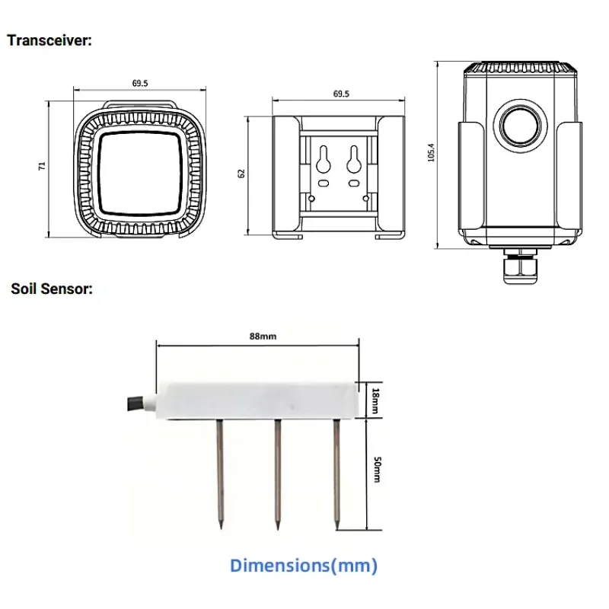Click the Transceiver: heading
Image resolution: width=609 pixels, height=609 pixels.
pos(49,40)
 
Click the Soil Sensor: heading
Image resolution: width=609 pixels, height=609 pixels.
pos(52,289)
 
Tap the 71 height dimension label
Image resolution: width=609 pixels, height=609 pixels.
pos(42,166)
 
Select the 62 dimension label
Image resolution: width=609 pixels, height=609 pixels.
pos(241,174)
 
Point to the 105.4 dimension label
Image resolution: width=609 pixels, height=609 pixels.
pos(431,153)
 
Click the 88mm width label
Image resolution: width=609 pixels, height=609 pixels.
pos(263,336)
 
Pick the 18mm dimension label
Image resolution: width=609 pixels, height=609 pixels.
pos(375,400)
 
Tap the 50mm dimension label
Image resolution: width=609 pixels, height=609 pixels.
pos(377,469)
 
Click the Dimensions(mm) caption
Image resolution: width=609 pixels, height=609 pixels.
pos(303,566)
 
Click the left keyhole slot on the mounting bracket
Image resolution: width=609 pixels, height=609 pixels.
pos(323,159)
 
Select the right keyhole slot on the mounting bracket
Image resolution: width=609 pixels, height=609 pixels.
pos(353,159)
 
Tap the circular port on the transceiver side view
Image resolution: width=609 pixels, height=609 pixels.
pos(521,126)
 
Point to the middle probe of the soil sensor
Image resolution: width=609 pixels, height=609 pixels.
pos(277,474)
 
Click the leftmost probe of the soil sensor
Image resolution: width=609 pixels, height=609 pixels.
pos(220,474)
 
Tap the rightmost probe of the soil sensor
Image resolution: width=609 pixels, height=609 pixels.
pos(336,474)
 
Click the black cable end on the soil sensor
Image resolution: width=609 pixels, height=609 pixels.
pos(134,403)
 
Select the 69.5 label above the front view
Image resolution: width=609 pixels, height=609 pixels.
pos(140,83)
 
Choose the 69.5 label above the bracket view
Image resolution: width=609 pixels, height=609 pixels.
pos(341,94)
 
